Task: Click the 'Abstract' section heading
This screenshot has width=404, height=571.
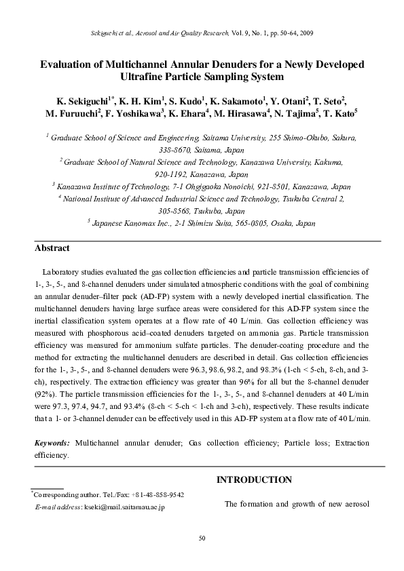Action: click(53, 248)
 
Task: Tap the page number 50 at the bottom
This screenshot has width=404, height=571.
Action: click(202, 538)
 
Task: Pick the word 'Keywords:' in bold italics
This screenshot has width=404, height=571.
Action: click(52, 442)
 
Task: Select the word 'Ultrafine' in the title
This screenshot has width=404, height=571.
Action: click(143, 77)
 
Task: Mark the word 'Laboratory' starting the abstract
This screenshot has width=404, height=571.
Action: click(62, 270)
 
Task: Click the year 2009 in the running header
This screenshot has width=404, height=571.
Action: click(306, 33)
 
